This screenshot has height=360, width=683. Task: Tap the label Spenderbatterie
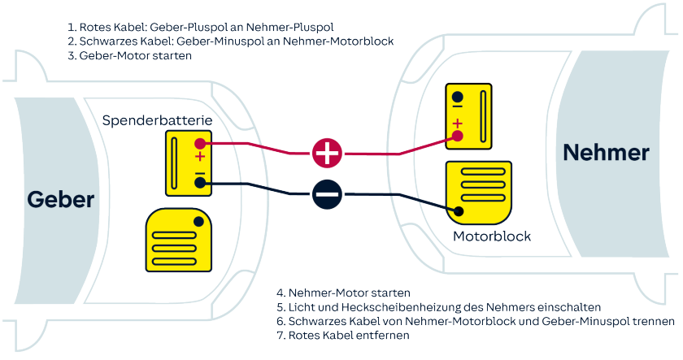pyautogui.click(x=158, y=120)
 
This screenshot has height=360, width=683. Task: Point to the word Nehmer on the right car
pyautogui.click(x=607, y=152)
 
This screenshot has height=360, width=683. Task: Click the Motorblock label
pyautogui.click(x=492, y=236)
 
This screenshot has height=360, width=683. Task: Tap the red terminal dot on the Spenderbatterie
pyautogui.click(x=200, y=144)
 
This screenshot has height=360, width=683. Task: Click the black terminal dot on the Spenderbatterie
pyautogui.click(x=200, y=184)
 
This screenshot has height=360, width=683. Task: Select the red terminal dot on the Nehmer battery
pyautogui.click(x=458, y=136)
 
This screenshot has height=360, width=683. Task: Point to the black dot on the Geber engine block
pyautogui.click(x=198, y=222)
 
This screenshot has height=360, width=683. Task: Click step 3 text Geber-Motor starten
pyautogui.click(x=137, y=58)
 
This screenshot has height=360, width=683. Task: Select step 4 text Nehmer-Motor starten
pyautogui.click(x=342, y=292)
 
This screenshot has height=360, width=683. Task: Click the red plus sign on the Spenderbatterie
pyautogui.click(x=200, y=156)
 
